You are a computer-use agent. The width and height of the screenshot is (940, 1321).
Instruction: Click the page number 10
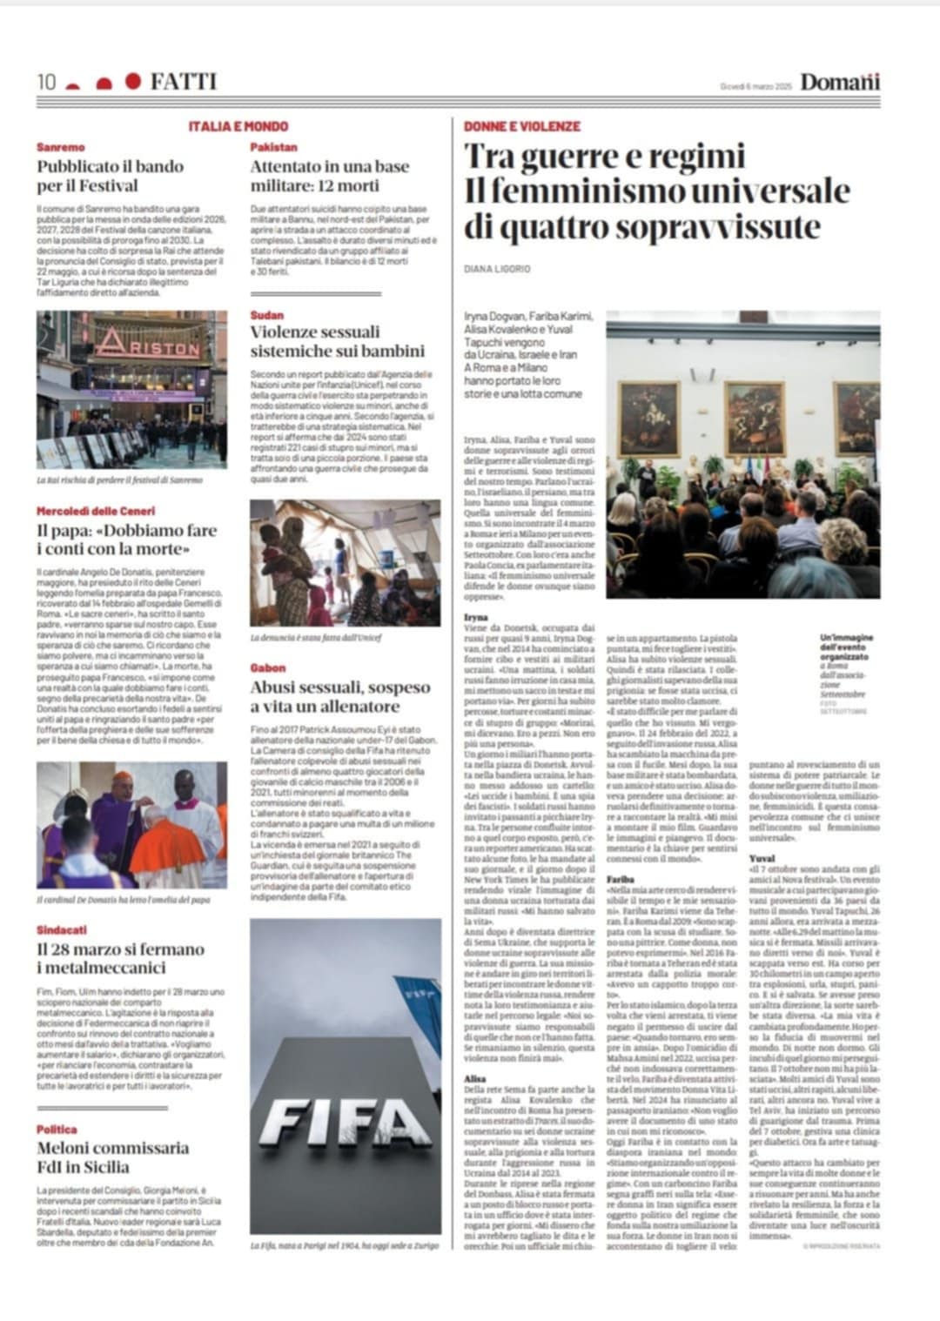pos(46,82)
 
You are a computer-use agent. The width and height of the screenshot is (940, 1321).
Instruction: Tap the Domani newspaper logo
pos(840,83)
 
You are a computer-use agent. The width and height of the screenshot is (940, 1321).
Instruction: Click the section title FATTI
pos(183,82)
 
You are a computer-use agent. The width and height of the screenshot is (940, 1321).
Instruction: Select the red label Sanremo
pos(61,148)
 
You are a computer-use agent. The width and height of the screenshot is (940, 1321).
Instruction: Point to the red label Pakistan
pos(273,148)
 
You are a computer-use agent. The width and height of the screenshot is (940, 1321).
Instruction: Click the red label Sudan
pos(266,315)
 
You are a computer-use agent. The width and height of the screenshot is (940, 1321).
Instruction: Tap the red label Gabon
pos(267,668)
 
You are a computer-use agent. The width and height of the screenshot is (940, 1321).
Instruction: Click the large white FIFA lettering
pos(344,1123)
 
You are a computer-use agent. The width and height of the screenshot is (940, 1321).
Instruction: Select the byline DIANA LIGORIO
pos(497,269)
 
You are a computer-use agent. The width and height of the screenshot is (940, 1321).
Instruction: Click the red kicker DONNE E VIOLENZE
pos(521,126)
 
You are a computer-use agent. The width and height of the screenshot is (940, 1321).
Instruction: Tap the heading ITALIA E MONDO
pos(238,126)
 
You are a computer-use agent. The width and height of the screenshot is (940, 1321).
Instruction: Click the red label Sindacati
pos(62,930)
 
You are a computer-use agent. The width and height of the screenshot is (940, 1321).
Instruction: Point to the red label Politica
pos(57,1129)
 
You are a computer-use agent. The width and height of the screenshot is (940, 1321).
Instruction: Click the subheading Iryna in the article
pos(476,616)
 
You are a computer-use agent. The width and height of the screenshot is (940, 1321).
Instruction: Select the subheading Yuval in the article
pos(762,857)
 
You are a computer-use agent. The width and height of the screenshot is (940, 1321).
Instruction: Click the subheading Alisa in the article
pos(475,1079)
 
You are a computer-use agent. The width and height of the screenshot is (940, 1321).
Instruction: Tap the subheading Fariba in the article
pos(621,880)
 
